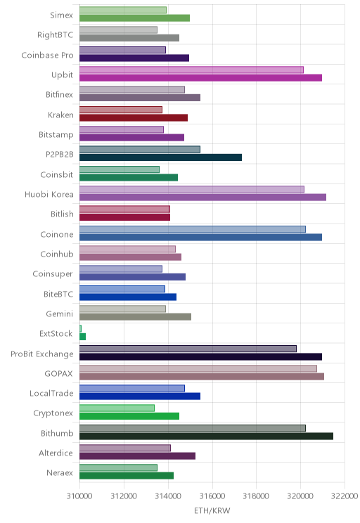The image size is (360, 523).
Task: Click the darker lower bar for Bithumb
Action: (x=206, y=436)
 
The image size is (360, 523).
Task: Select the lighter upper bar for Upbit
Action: (x=191, y=70)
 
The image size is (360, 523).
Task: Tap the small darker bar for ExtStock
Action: (x=83, y=337)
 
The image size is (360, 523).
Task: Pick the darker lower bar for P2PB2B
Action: (x=161, y=157)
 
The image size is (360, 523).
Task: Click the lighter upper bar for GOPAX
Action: (x=198, y=368)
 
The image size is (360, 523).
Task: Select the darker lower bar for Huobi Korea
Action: (x=203, y=197)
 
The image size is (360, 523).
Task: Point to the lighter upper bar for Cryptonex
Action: (x=117, y=408)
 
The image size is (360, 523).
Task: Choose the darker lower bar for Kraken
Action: (x=134, y=117)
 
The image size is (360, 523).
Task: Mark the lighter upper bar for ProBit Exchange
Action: (x=188, y=349)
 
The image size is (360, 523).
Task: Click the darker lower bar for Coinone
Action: (x=201, y=237)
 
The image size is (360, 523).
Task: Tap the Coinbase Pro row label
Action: (x=47, y=55)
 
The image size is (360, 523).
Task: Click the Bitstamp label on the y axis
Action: (x=56, y=135)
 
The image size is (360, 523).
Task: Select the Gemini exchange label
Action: (x=59, y=314)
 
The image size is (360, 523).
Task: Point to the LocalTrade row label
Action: (x=51, y=394)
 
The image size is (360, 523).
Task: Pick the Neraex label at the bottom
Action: (x=60, y=472)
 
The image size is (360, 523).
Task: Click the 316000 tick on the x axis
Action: (x=212, y=496)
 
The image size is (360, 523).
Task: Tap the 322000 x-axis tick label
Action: (x=345, y=496)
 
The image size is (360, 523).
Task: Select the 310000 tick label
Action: (x=79, y=496)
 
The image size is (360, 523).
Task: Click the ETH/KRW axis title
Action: (x=212, y=510)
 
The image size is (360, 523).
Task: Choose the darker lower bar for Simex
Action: (x=135, y=18)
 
